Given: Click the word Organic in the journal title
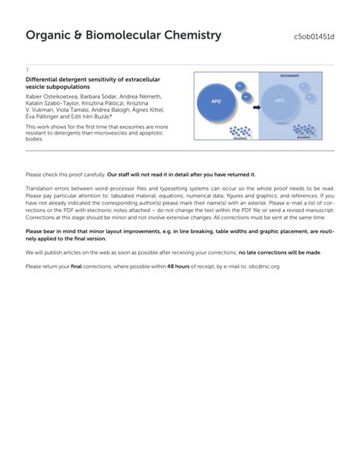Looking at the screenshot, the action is point(51,36).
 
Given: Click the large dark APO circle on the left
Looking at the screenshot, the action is point(218,101).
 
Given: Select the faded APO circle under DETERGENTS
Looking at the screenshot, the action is point(279,101).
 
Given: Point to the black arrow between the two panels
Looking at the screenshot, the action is point(255,108).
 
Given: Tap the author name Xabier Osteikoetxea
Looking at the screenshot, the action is point(55,96).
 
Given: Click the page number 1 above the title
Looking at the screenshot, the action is point(27,69).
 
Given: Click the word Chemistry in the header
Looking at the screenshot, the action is point(180,36).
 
